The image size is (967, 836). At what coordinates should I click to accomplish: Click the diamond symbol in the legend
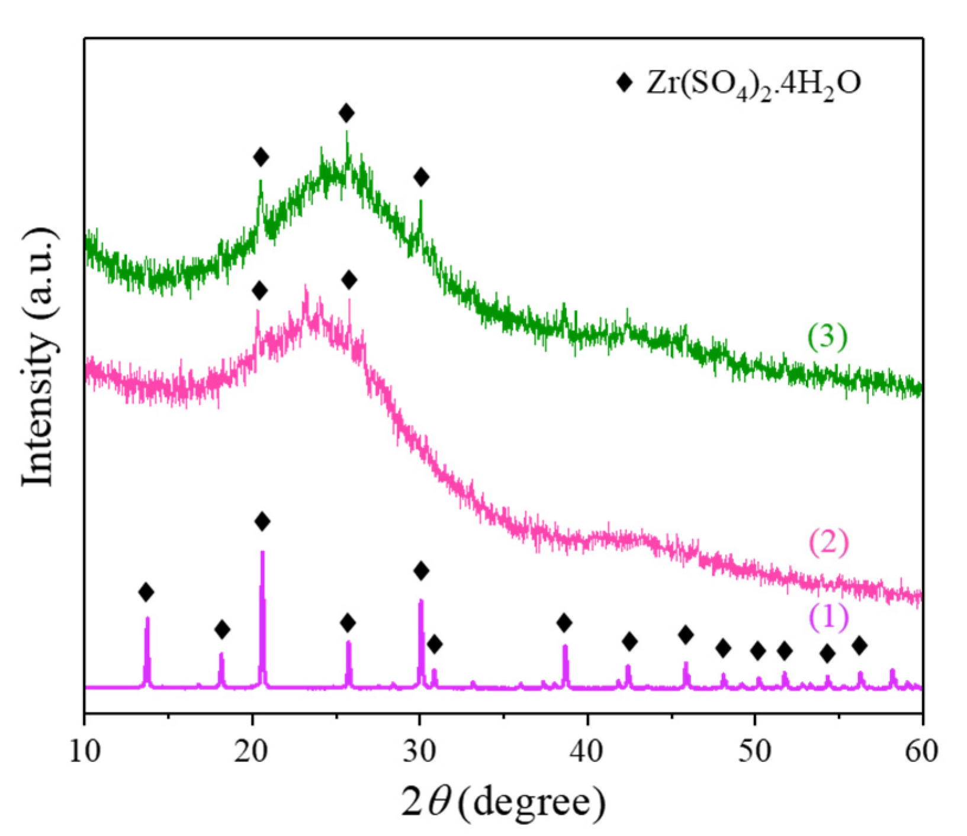click(x=624, y=82)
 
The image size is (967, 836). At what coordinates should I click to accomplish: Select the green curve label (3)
click(x=828, y=337)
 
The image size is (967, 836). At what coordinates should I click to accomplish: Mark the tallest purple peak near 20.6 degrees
click(x=262, y=554)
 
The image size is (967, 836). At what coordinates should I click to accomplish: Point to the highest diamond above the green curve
click(x=347, y=112)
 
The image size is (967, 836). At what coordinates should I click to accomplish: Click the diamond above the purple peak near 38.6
click(x=564, y=622)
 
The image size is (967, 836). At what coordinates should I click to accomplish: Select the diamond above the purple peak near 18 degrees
click(x=222, y=629)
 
